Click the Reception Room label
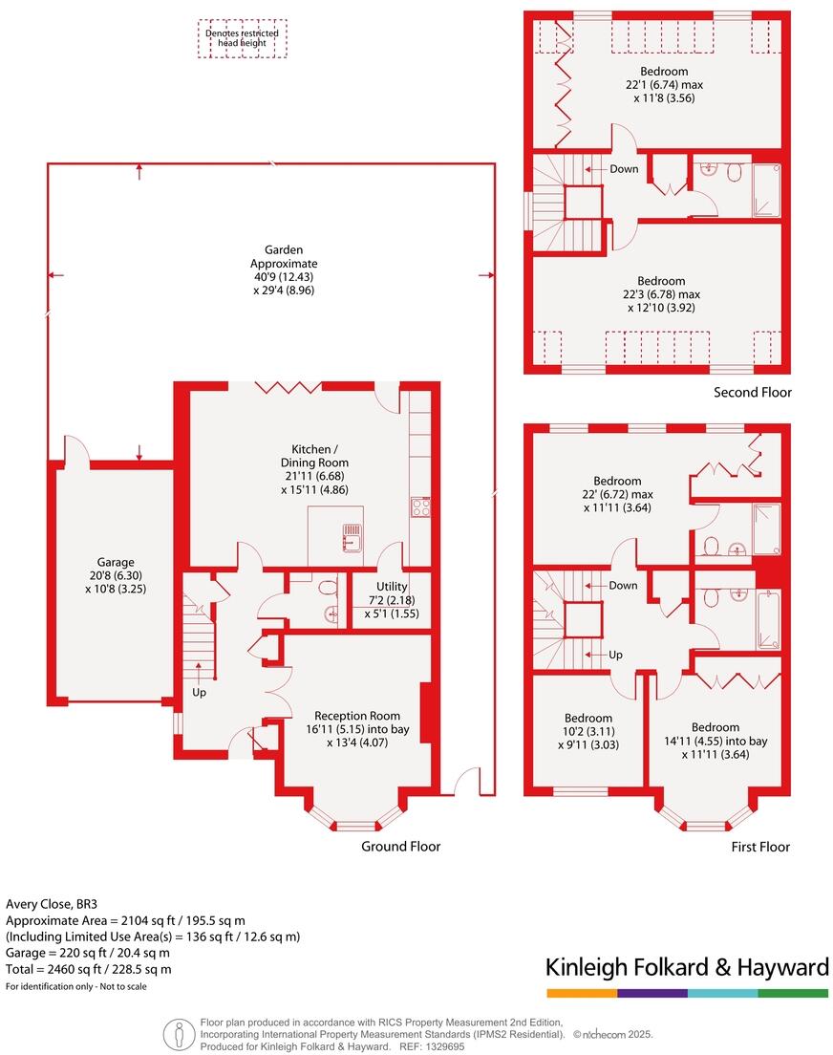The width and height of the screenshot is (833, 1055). tap(357, 728)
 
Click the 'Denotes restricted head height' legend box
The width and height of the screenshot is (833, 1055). tap(242, 38)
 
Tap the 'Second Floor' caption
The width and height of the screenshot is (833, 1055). tap(753, 392)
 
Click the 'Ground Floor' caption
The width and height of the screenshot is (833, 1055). tap(400, 846)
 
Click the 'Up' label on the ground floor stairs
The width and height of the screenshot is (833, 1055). tap(199, 692)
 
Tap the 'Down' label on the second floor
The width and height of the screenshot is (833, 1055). tap(624, 168)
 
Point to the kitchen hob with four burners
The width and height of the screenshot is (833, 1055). tap(420, 506)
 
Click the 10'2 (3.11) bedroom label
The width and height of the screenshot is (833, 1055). tap(587, 731)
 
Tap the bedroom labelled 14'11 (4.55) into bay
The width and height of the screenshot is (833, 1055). tap(716, 741)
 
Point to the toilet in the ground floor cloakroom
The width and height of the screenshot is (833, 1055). tap(328, 588)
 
